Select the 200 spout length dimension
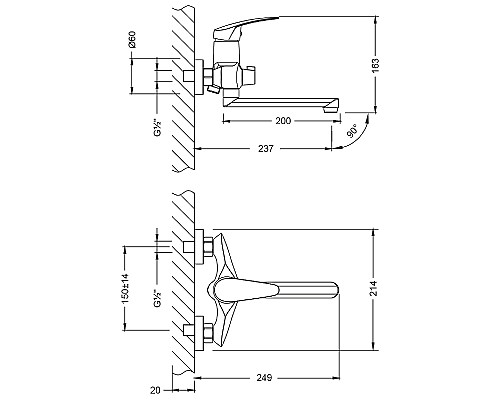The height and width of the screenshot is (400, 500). click(283, 121)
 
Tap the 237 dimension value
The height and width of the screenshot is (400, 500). click(266, 149)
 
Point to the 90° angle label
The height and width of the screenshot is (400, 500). click(352, 131)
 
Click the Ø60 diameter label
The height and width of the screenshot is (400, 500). click(132, 39)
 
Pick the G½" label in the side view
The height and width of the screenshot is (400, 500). click(158, 127)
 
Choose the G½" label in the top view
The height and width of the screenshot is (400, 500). click(158, 297)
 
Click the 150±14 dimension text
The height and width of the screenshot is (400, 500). click(125, 289)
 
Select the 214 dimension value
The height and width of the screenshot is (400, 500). click(374, 289)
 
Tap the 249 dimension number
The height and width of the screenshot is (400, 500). click(264, 378)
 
